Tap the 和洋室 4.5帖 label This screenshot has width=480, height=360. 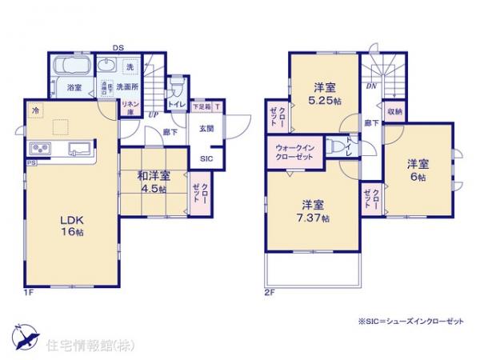tap(152, 182)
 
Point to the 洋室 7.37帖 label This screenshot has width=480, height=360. tap(315, 210)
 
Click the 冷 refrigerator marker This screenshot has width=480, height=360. tap(35, 110)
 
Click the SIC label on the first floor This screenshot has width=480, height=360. tap(206, 158)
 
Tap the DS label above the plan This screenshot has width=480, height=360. tap(118, 47)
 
